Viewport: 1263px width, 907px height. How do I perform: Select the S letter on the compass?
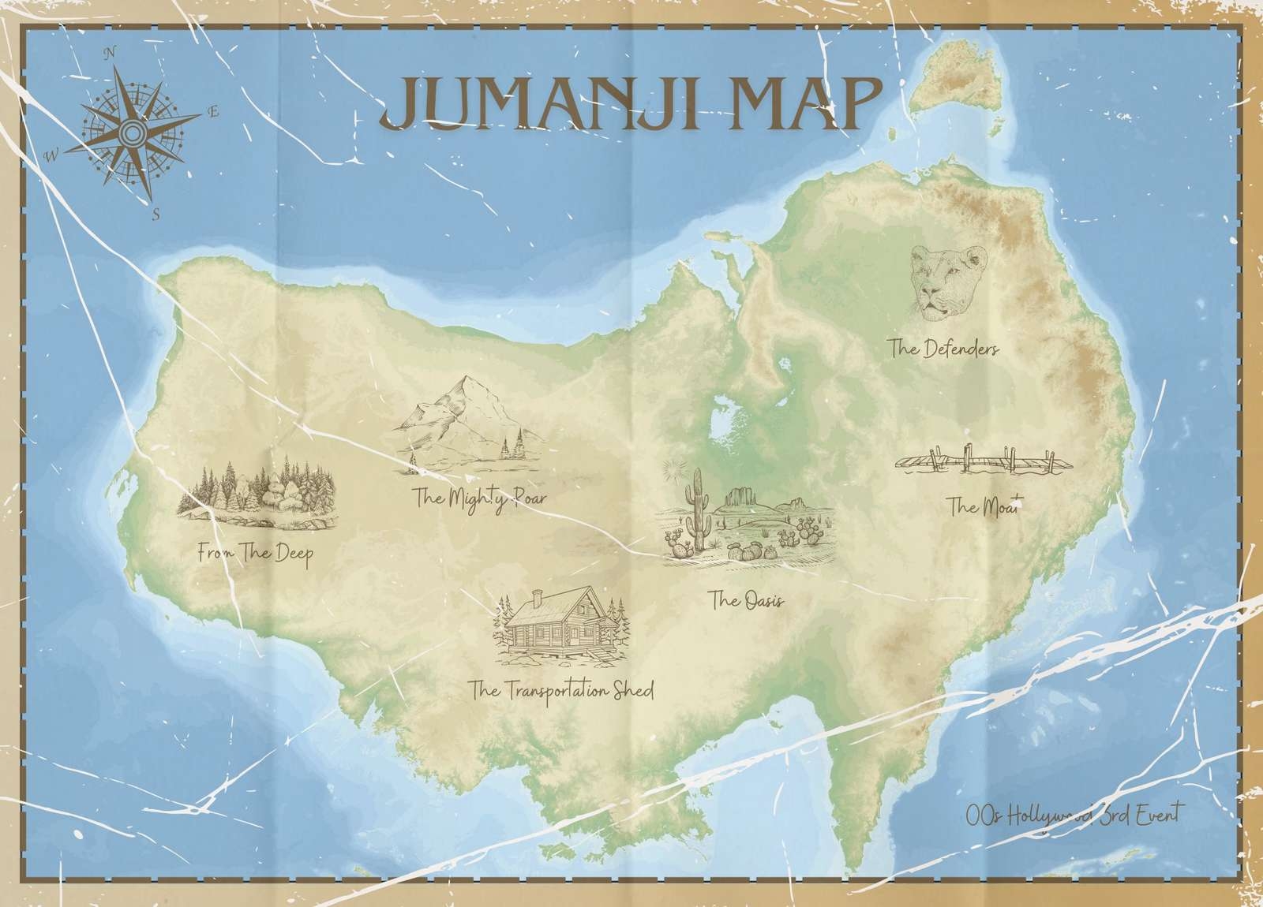point(156,213)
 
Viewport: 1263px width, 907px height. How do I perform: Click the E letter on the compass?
point(212,112)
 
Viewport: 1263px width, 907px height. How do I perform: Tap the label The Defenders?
point(943,348)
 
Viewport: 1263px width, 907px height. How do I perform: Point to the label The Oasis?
point(747,602)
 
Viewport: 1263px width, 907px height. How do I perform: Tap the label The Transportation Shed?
point(561,691)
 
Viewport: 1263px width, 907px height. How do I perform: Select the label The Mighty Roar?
point(479,498)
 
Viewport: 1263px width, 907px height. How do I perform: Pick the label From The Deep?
point(256,554)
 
